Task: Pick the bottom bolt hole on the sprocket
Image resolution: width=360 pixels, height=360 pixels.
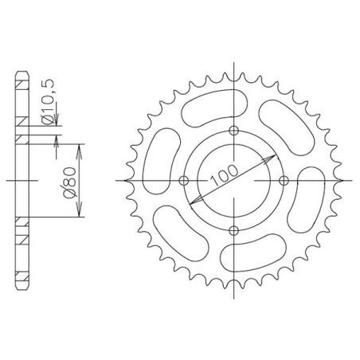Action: point(233,230)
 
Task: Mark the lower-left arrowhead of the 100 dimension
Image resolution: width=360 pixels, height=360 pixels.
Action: point(199,213)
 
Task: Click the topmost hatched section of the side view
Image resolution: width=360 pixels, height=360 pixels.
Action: point(22,86)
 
